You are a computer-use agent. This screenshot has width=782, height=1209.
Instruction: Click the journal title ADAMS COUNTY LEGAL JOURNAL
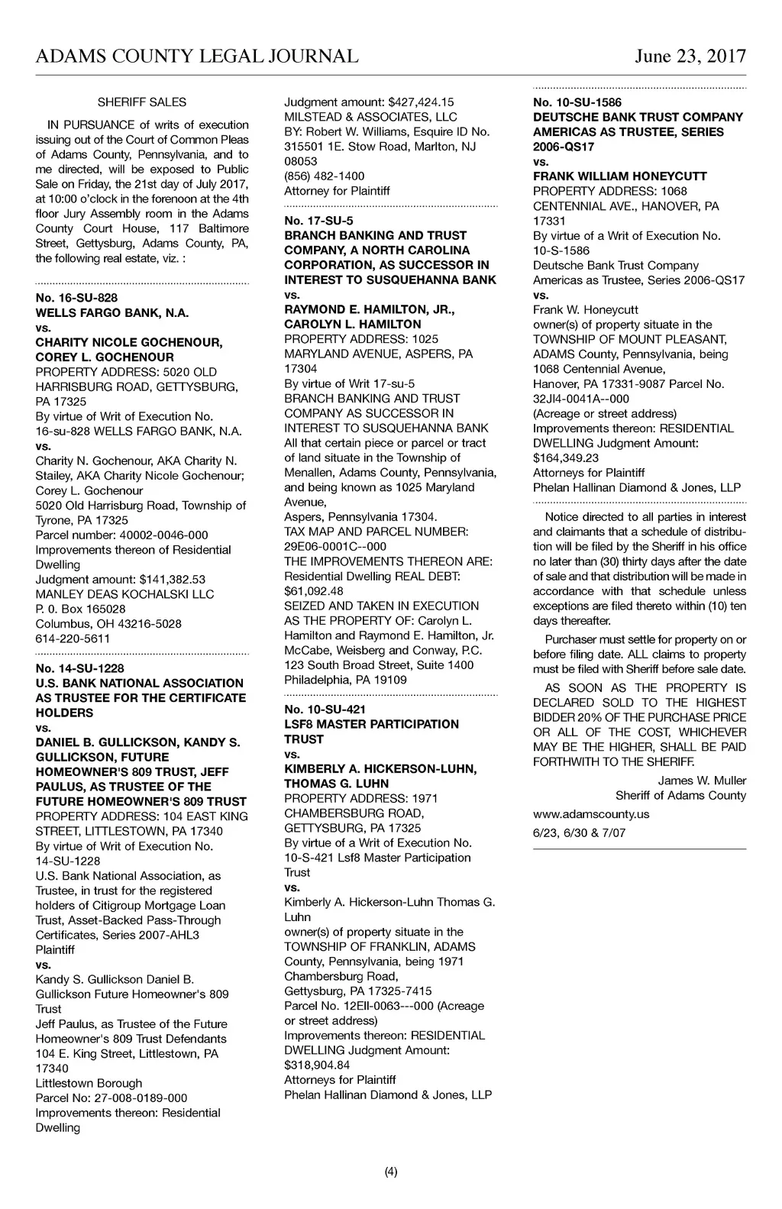click(x=197, y=57)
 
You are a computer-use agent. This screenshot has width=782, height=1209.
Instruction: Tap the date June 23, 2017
click(x=690, y=57)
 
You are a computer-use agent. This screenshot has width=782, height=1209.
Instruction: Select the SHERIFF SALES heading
click(x=142, y=102)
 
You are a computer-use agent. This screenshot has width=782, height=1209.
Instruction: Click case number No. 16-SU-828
click(x=76, y=297)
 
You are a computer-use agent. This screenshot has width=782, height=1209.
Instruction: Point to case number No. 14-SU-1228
click(x=79, y=668)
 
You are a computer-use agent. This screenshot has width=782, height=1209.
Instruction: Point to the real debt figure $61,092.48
click(x=314, y=591)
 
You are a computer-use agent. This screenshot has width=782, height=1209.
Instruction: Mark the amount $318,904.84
click(x=317, y=1065)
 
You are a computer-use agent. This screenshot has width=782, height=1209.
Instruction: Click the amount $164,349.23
click(x=566, y=458)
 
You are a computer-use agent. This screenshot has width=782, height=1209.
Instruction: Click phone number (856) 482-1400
click(x=325, y=176)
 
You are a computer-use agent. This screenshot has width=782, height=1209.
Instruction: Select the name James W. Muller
click(x=702, y=781)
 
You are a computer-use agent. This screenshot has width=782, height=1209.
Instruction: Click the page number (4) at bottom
click(x=391, y=1172)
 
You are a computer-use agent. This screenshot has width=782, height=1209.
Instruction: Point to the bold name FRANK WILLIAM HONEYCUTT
click(x=620, y=176)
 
